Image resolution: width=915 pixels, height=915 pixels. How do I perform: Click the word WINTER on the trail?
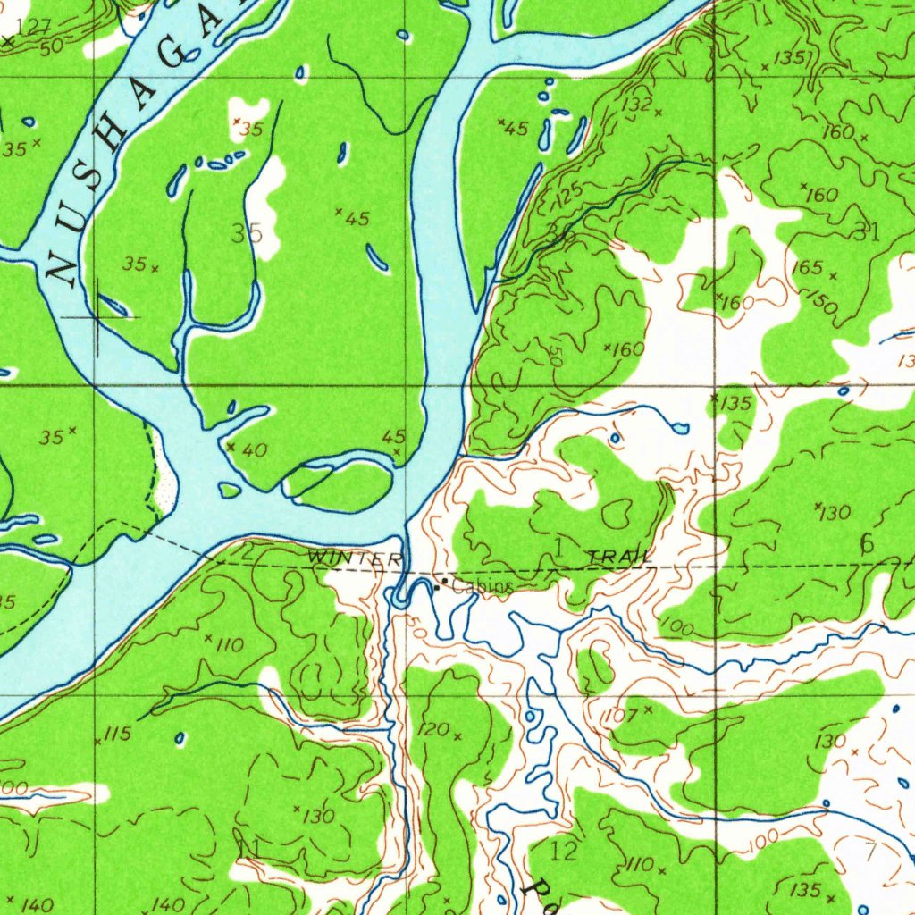[x=343, y=558]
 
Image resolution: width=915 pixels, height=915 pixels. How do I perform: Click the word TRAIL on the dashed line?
[x=620, y=558]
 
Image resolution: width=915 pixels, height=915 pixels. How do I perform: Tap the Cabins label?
[x=483, y=587]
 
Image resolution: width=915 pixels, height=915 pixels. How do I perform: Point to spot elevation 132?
[x=638, y=105]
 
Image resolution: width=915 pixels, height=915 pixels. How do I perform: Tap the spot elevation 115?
[x=117, y=735]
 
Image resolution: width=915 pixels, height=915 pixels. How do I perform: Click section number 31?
[x=866, y=232]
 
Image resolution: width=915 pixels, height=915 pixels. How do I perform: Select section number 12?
[x=564, y=851]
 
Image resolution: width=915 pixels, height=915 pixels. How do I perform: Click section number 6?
[x=866, y=542]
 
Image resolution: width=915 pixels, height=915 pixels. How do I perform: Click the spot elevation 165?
[x=806, y=267]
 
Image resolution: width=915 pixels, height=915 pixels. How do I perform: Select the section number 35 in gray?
[x=247, y=234]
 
